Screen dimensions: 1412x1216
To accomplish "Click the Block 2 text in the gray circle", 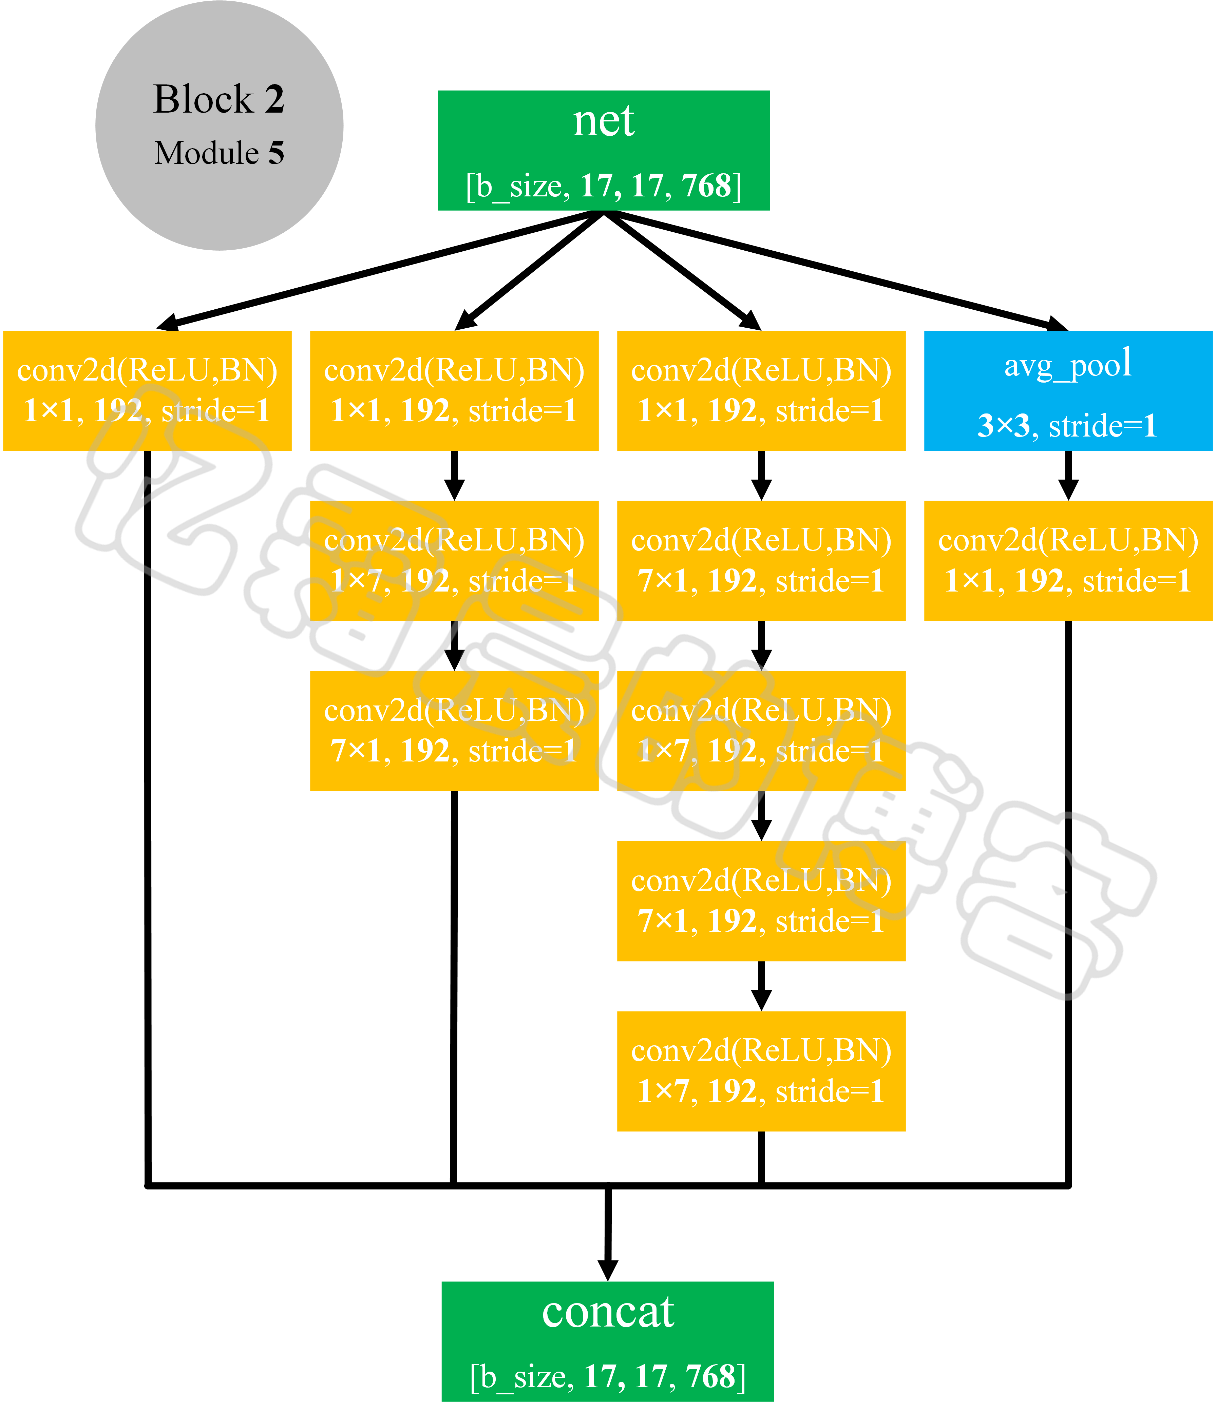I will [x=219, y=99].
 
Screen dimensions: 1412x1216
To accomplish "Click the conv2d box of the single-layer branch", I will [x=147, y=390].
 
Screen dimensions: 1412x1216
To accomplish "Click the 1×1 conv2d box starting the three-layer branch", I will [x=454, y=390].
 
